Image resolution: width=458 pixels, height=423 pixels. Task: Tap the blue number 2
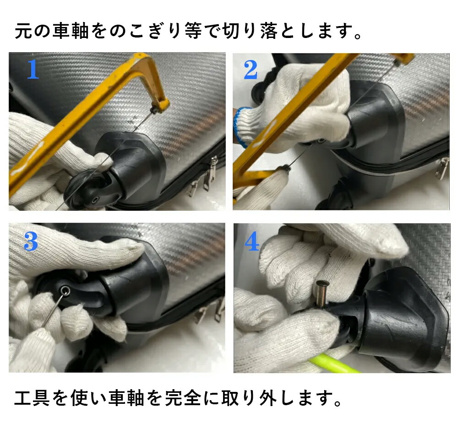pyautogui.click(x=251, y=70)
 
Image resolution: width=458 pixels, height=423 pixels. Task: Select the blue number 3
pyautogui.click(x=31, y=241)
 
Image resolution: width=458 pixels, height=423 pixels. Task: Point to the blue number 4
pyautogui.click(x=252, y=241)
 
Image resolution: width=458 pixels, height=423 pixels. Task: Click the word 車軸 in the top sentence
pyautogui.click(x=71, y=31)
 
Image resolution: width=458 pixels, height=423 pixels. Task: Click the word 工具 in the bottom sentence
pyautogui.click(x=32, y=398)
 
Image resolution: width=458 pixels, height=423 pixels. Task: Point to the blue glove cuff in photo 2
pyautogui.click(x=240, y=127)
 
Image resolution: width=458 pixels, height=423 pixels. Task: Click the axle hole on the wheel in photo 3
pyautogui.click(x=65, y=290)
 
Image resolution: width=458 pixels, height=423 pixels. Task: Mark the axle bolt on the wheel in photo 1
pyautogui.click(x=96, y=200)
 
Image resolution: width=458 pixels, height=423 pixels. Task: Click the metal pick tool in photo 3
pyautogui.click(x=53, y=311)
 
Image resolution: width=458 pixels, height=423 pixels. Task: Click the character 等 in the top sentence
pyautogui.click(x=193, y=31)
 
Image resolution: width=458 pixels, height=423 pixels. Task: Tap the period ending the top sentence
pyautogui.click(x=358, y=36)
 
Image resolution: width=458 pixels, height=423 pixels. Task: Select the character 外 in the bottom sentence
pyautogui.click(x=267, y=398)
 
